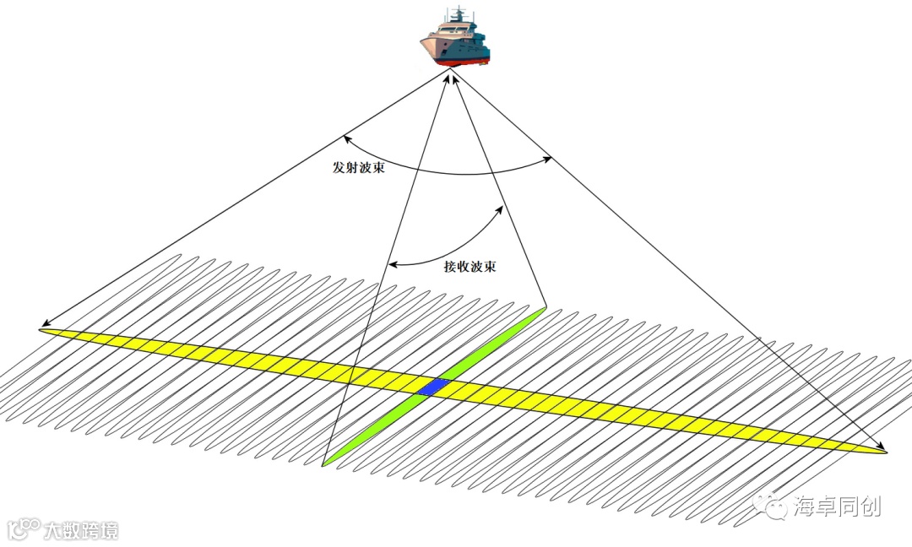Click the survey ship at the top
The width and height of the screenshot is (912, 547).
coord(455,39)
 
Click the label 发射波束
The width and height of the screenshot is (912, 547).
coord(359,167)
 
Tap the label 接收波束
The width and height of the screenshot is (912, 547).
coord(470,267)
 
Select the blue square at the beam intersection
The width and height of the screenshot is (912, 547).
coord(434,387)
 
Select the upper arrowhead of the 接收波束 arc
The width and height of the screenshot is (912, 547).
coord(502,205)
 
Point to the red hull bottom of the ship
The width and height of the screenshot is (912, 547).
coord(461,63)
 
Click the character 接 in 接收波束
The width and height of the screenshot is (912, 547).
coord(450,267)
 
